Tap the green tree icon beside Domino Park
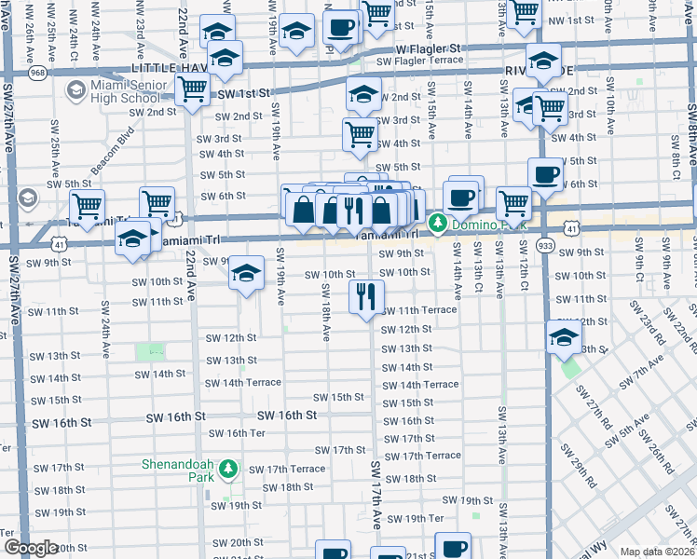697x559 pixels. click(437, 224)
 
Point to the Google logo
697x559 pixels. click(30, 548)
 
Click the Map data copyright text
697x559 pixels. click(657, 552)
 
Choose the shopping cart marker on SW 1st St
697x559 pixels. click(192, 90)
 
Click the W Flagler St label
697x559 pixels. click(428, 48)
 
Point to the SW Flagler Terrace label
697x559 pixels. click(419, 61)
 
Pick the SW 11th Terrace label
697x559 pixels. click(418, 309)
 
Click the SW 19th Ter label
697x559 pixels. click(416, 518)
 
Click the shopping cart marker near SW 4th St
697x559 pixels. click(360, 134)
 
